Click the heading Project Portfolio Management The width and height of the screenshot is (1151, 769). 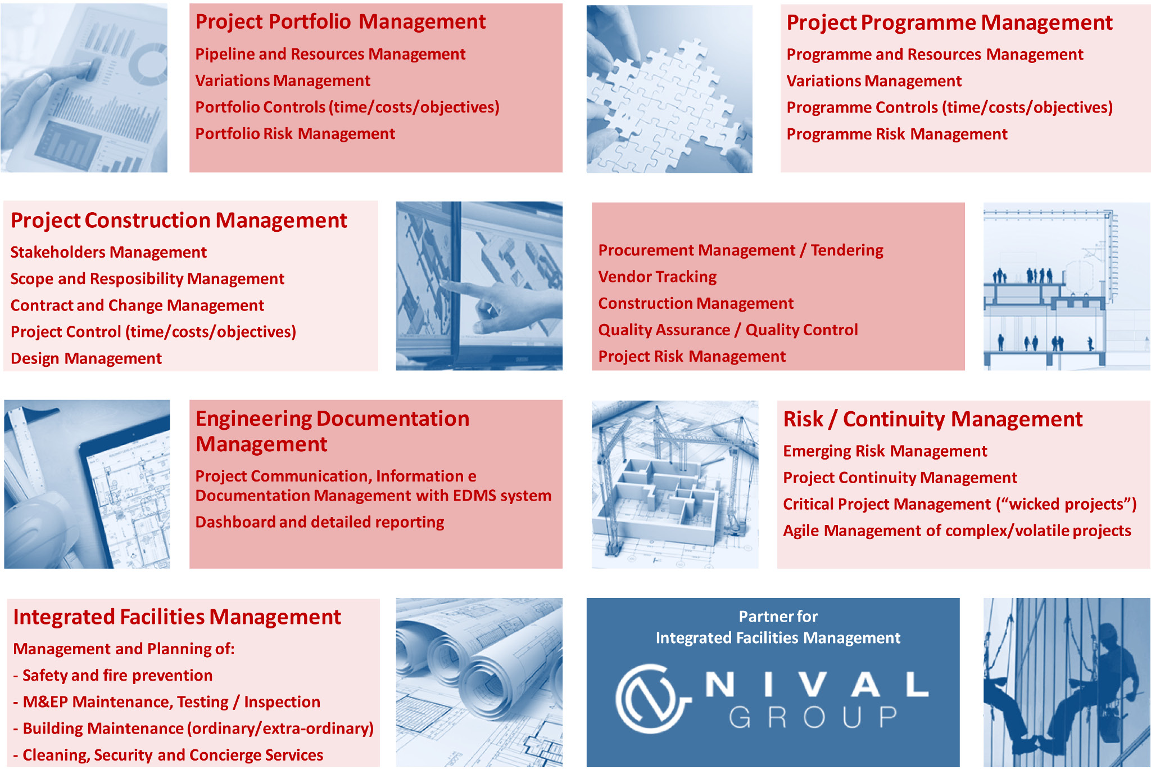point(340,22)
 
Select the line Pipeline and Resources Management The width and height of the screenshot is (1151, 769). point(330,54)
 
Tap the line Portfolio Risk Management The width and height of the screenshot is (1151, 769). point(295,134)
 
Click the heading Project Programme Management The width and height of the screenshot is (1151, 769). point(949,23)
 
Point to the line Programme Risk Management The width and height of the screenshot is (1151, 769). point(897,134)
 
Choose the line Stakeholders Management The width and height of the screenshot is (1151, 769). point(108,252)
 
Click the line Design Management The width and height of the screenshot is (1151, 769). point(86,358)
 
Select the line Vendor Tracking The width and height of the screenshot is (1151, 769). point(658,277)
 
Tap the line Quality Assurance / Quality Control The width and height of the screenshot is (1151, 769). point(728,330)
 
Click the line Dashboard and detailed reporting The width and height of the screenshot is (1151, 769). point(320,522)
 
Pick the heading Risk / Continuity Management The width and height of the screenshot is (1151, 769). point(932,420)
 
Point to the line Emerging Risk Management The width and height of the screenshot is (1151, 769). point(885,451)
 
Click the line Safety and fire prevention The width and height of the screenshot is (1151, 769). point(112,675)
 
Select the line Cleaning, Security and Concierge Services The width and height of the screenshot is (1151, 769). point(168,755)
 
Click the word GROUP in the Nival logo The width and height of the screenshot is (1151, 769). point(813,717)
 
